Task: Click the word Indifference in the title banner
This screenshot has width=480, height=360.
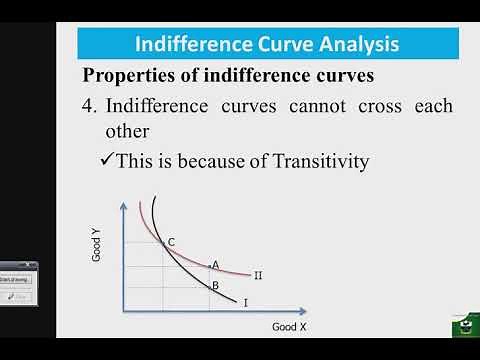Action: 185,44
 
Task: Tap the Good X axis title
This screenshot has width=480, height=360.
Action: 289,326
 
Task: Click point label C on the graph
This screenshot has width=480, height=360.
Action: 171,241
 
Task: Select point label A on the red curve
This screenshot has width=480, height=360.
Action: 215,265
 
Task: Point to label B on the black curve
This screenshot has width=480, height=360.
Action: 215,285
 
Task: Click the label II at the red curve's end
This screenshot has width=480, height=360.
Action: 258,275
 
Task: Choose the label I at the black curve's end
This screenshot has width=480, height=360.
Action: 246,300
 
